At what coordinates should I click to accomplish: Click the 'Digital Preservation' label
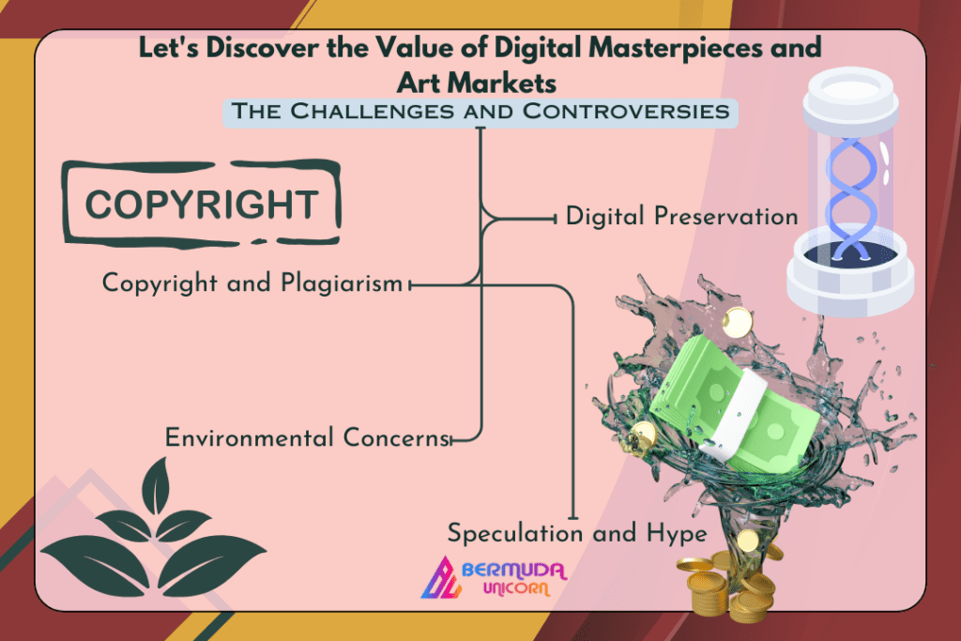pyautogui.click(x=681, y=216)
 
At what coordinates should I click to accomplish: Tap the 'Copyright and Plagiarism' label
pyautogui.click(x=252, y=283)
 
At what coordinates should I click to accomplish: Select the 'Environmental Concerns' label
pyautogui.click(x=308, y=437)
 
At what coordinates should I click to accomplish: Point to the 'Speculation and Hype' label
pyautogui.click(x=577, y=533)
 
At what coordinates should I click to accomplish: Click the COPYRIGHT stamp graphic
pyautogui.click(x=202, y=204)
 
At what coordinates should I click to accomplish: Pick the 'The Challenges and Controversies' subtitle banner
pyautogui.click(x=480, y=112)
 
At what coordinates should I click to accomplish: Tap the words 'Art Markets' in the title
pyautogui.click(x=477, y=83)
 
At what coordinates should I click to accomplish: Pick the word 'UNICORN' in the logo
pyautogui.click(x=516, y=588)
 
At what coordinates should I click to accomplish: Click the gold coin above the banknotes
pyautogui.click(x=736, y=322)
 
